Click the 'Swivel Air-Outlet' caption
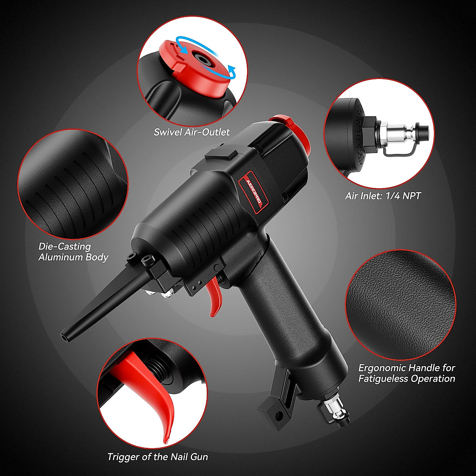tap(192, 132)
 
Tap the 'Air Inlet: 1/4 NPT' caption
tap(383, 195)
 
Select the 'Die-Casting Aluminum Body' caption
tap(73, 251)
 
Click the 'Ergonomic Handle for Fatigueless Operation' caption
tap(407, 373)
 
